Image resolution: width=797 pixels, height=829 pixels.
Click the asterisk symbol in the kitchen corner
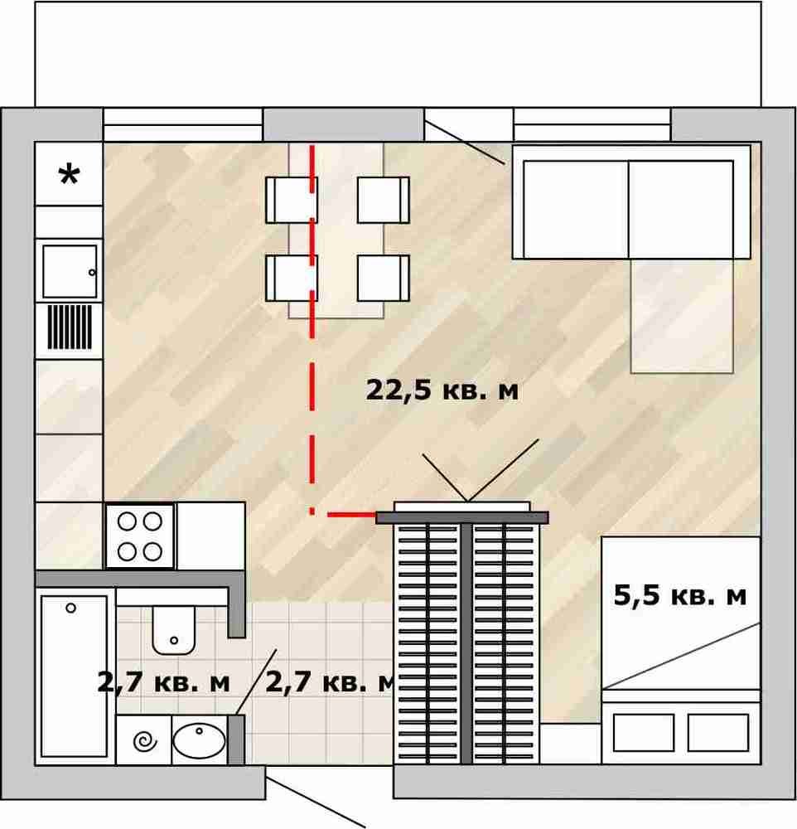(x=70, y=175)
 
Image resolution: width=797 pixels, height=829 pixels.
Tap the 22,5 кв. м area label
(x=442, y=390)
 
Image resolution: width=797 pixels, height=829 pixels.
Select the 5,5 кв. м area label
(x=679, y=596)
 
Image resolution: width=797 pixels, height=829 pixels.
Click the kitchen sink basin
(x=70, y=271)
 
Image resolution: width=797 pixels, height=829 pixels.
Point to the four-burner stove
(x=140, y=536)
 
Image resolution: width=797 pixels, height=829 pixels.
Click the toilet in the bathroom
(x=173, y=630)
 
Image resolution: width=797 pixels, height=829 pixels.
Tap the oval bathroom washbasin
(x=199, y=740)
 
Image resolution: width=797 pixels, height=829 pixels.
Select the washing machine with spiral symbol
(x=144, y=740)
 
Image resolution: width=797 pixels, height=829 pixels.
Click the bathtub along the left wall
(x=75, y=676)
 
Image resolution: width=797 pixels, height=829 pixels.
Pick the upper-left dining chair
(x=292, y=200)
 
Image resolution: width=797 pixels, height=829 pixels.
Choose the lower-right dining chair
(x=383, y=278)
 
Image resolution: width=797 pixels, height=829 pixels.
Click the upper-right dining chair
(x=383, y=200)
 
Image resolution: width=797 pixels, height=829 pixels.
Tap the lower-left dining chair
(x=292, y=278)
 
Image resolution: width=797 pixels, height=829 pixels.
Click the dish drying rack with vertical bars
(x=70, y=327)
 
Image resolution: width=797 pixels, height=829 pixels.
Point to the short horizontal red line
(x=352, y=514)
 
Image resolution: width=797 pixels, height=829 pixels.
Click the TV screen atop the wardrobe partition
(x=462, y=507)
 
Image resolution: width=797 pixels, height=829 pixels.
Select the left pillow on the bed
(x=644, y=733)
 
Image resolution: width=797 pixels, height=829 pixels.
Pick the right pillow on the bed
(x=718, y=733)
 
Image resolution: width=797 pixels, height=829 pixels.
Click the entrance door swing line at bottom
(x=316, y=802)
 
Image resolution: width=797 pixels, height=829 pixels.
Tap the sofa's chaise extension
(x=682, y=316)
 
